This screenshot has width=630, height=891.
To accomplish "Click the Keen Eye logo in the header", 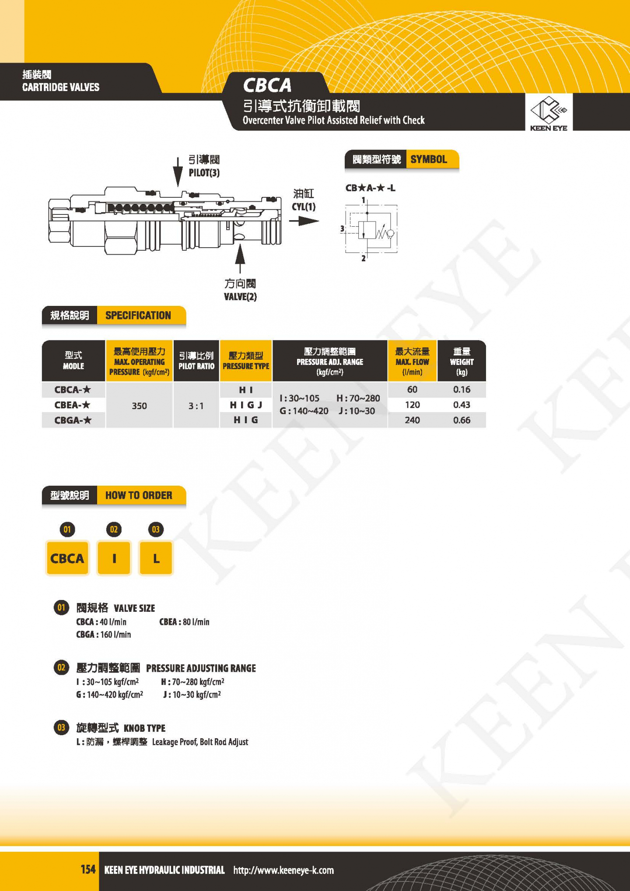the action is [x=549, y=114].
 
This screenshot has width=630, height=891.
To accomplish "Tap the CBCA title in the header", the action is [x=267, y=85].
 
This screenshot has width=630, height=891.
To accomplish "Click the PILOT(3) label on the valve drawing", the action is [x=204, y=173].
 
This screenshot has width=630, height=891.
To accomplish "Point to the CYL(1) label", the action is [x=304, y=207].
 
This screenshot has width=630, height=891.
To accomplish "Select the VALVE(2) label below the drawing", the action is [x=240, y=297].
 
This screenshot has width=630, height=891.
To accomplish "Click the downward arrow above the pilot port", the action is [x=178, y=172].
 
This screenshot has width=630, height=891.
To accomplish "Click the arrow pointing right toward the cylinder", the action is [x=304, y=221].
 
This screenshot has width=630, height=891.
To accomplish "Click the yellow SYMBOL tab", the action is [x=432, y=159].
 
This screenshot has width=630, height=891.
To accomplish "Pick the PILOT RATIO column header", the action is [x=196, y=361].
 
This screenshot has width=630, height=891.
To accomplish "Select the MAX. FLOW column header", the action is [x=412, y=361].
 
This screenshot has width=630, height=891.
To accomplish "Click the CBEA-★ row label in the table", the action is [x=73, y=405].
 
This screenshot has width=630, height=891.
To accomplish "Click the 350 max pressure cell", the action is [x=139, y=406].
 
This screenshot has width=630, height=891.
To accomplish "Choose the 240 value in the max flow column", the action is [x=412, y=420].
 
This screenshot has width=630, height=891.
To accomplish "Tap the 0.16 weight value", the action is [x=462, y=389].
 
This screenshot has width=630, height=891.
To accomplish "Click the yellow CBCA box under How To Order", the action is [x=67, y=558].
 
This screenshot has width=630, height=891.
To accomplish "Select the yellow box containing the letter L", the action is [x=156, y=558].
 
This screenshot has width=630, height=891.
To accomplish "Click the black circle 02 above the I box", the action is [x=114, y=530].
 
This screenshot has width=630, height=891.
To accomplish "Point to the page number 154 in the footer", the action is [x=88, y=869].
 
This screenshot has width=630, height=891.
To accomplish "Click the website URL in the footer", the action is [x=283, y=870].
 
